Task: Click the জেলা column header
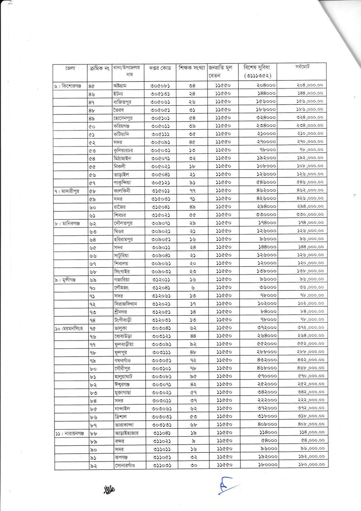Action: tap(70, 68)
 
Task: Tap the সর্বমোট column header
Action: tap(302, 67)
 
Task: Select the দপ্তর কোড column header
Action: tap(160, 68)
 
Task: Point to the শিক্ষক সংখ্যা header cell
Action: tap(192, 68)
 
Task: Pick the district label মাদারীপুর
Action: tap(68, 191)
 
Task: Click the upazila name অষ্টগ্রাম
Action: tap(120, 86)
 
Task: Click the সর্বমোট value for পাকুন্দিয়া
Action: tap(310, 182)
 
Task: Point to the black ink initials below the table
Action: tap(110, 489)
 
